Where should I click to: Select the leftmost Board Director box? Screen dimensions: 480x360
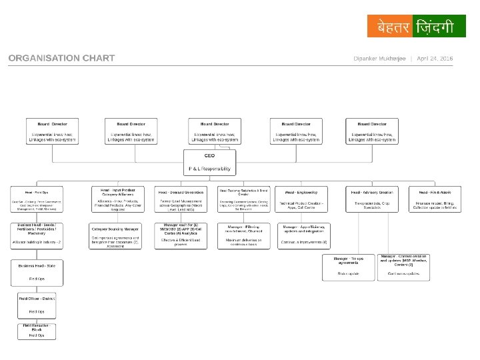(x=52, y=131)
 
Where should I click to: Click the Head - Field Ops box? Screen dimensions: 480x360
(x=37, y=199)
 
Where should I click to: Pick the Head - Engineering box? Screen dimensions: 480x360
(x=302, y=199)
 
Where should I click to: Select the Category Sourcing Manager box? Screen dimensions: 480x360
(x=115, y=235)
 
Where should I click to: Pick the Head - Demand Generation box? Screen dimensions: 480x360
(x=181, y=199)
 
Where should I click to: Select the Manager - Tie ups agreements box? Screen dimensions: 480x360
(x=349, y=266)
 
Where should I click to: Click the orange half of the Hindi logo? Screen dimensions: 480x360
(x=389, y=26)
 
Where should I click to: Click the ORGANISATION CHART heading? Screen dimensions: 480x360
(x=61, y=59)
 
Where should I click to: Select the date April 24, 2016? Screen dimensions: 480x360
(x=435, y=59)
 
